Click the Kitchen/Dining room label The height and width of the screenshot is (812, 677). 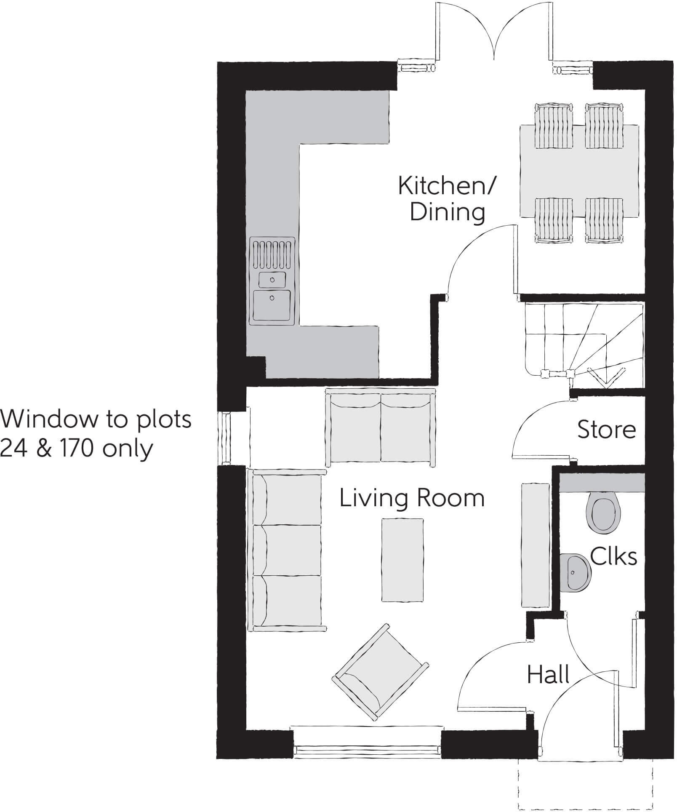(447, 199)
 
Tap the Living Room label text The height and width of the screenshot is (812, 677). (412, 498)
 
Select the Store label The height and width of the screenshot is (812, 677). (606, 430)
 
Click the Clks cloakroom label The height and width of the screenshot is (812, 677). (613, 557)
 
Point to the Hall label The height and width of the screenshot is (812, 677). (548, 675)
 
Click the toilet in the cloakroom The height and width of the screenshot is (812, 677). (604, 514)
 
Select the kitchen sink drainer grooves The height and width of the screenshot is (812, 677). (272, 254)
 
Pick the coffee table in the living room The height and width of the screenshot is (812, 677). (402, 560)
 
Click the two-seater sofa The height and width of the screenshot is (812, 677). (381, 428)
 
